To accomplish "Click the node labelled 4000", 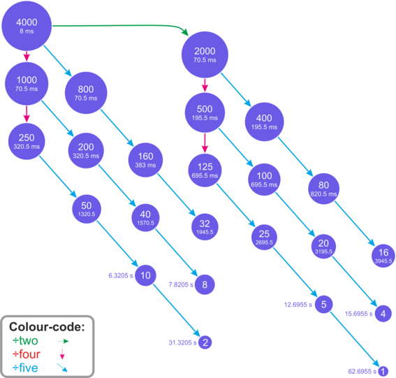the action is (x=27, y=26).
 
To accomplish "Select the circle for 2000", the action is (x=205, y=54).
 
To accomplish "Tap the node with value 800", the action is (x=86, y=93).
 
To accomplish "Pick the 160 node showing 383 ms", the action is (x=145, y=160).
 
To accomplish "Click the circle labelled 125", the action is (x=205, y=170).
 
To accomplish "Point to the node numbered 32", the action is (x=205, y=227).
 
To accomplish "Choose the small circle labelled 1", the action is (x=383, y=371).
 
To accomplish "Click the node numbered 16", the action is (x=383, y=256).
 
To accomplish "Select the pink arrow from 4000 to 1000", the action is (x=27, y=56).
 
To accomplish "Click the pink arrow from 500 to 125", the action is (x=205, y=143).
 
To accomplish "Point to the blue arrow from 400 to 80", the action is (x=295, y=157).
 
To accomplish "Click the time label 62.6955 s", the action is (x=362, y=372).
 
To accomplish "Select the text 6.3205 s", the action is (x=121, y=275).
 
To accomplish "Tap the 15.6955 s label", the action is (x=358, y=314).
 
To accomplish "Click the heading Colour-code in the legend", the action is (x=47, y=327).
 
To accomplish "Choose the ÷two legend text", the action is (x=25, y=340).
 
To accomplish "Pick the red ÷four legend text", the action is (x=27, y=354).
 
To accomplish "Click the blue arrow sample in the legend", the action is (x=62, y=368).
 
